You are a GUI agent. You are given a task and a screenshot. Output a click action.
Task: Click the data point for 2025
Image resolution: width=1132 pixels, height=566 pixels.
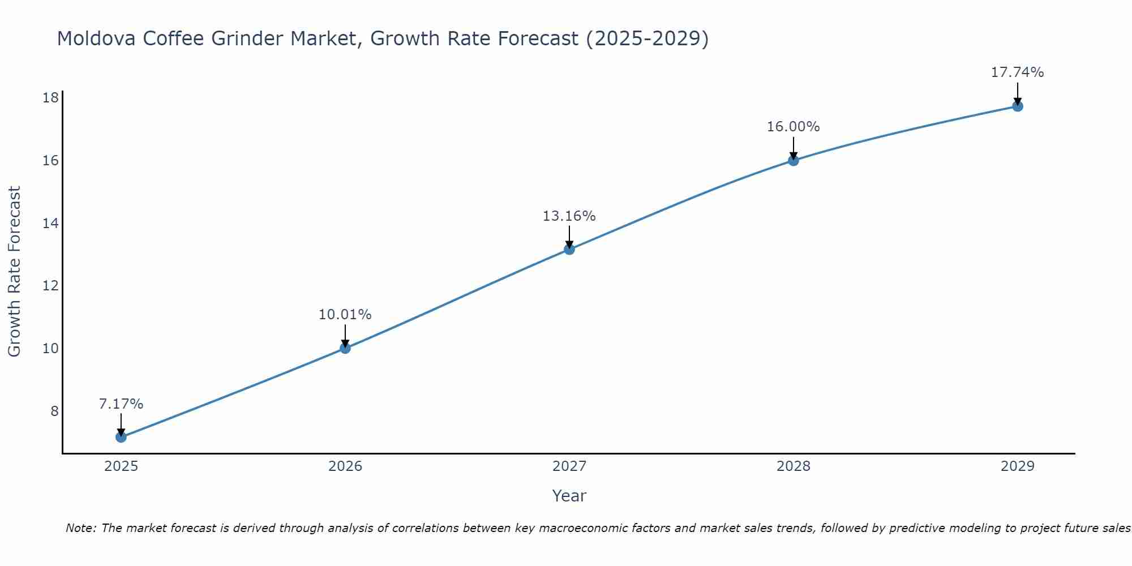pyautogui.click(x=121, y=437)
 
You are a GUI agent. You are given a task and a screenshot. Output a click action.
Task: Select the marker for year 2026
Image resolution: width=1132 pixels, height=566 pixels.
pyautogui.click(x=345, y=348)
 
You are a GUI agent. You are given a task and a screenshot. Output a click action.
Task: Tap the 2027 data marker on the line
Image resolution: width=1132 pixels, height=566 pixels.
pyautogui.click(x=569, y=249)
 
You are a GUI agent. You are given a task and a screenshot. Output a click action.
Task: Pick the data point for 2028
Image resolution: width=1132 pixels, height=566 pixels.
pyautogui.click(x=793, y=160)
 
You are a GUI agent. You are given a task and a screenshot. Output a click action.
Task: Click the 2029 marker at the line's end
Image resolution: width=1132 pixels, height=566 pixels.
pyautogui.click(x=1017, y=106)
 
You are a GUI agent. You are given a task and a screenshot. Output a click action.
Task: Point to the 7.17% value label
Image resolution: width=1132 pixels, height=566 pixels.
pyautogui.click(x=121, y=404)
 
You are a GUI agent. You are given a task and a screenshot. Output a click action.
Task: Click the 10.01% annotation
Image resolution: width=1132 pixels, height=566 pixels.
pyautogui.click(x=345, y=315)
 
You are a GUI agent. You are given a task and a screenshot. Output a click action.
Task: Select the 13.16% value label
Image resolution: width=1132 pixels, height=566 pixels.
pyautogui.click(x=569, y=216)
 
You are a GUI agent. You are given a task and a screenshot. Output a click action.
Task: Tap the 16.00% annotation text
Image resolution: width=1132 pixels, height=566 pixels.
pyautogui.click(x=793, y=127)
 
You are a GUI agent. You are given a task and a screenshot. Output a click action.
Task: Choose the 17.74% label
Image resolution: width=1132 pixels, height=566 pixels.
pyautogui.click(x=1017, y=72)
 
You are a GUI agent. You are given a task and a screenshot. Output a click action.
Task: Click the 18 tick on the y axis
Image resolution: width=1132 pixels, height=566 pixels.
pyautogui.click(x=50, y=98)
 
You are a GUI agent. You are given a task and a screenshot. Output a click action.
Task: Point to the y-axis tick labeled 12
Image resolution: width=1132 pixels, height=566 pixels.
pyautogui.click(x=50, y=286)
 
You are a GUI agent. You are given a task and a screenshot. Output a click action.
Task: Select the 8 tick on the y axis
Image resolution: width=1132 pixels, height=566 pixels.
pyautogui.click(x=54, y=411)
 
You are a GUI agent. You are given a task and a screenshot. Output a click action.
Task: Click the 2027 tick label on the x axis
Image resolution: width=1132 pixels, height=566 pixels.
pyautogui.click(x=569, y=466)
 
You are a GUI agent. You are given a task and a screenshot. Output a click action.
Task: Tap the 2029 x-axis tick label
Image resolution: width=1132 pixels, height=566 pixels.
pyautogui.click(x=1017, y=466)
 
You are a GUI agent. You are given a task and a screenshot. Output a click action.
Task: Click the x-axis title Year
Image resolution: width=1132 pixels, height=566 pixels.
pyautogui.click(x=569, y=496)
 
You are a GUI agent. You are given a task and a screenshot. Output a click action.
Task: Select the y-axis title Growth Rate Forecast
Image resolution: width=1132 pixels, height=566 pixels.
pyautogui.click(x=14, y=272)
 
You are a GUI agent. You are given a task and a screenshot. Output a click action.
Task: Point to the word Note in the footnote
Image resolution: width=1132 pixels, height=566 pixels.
pyautogui.click(x=81, y=528)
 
